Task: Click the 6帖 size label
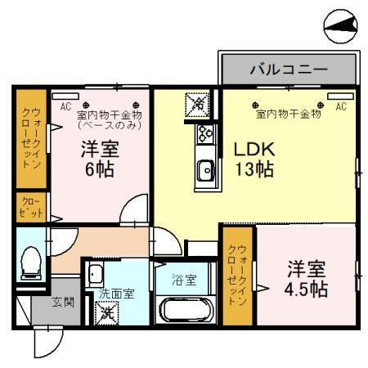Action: [x=97, y=170]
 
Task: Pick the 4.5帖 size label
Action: [x=307, y=289]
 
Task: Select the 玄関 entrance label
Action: [x=63, y=302]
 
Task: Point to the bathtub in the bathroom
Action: [x=185, y=310]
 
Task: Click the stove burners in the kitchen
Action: [x=204, y=134]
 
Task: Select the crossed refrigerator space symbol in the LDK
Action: [x=199, y=104]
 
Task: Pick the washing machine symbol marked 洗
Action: [x=107, y=312]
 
